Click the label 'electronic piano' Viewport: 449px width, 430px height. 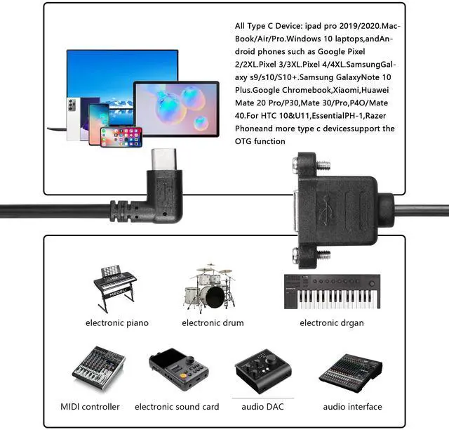(117, 323)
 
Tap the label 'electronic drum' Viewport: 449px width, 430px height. (213, 323)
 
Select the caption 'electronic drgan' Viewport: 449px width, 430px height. (332, 323)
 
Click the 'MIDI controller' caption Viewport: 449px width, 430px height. (90, 407)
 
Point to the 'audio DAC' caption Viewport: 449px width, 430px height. (262, 407)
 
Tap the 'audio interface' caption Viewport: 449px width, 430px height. (352, 407)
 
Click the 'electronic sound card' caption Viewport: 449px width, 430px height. (177, 407)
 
